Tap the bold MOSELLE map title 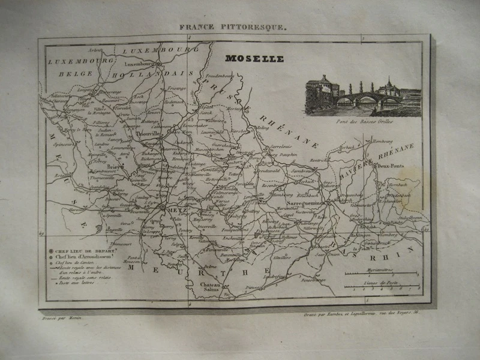point(254,59)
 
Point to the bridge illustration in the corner point(362,96)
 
